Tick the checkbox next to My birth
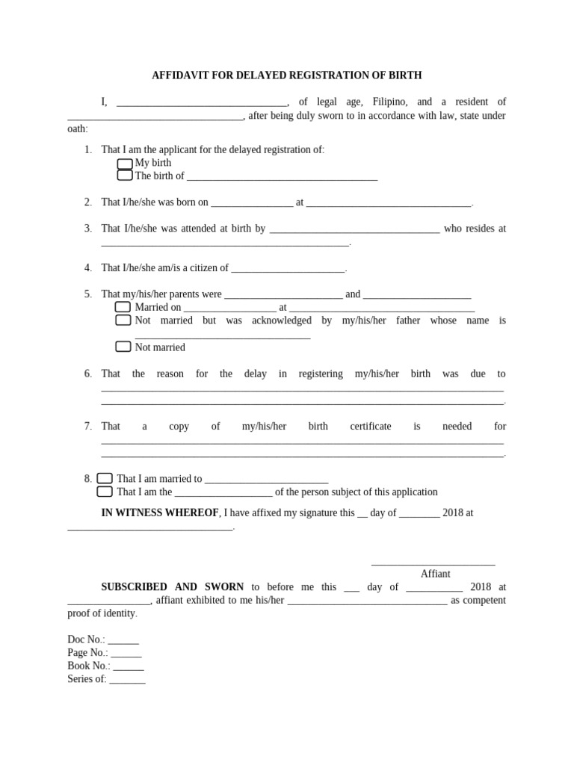125,163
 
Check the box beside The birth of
125,176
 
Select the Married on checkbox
123,307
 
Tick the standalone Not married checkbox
123,347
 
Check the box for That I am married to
105,478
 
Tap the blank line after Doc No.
123,641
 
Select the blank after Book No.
128,666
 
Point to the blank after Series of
127,680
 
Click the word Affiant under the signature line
435,574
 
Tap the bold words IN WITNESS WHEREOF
160,513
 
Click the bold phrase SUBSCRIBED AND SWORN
173,587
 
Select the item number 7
87,426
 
